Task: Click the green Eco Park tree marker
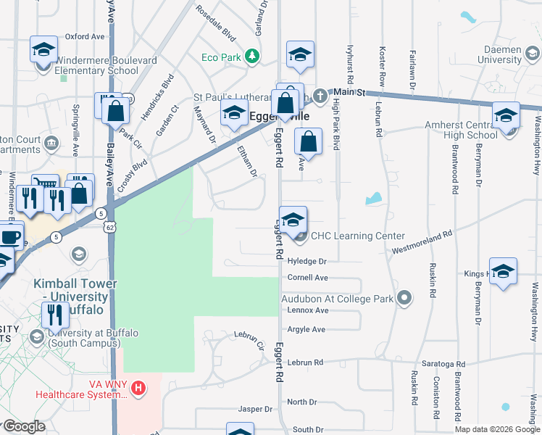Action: click(x=251, y=56)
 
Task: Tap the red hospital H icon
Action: click(x=138, y=389)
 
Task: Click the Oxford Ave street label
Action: click(x=85, y=36)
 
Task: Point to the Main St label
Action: click(x=348, y=92)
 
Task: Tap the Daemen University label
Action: click(x=511, y=53)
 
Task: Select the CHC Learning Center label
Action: click(x=358, y=236)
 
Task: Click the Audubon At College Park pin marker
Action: click(x=405, y=298)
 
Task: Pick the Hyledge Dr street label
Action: click(x=307, y=260)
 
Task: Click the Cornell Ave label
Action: click(x=307, y=278)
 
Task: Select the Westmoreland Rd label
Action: click(x=422, y=243)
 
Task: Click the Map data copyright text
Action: click(x=496, y=429)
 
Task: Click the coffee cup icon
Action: click(x=10, y=237)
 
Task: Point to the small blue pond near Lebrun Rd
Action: click(x=374, y=198)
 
